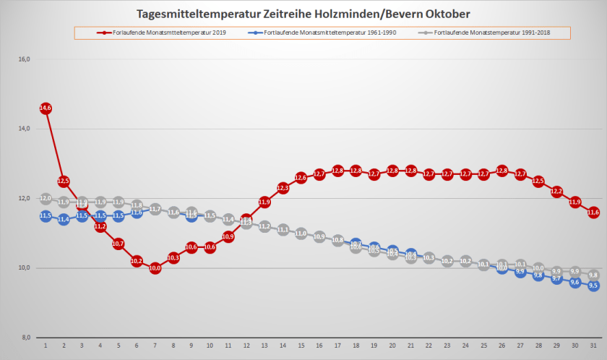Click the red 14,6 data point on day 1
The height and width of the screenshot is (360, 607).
click(x=45, y=108)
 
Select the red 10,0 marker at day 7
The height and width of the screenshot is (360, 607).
click(x=155, y=267)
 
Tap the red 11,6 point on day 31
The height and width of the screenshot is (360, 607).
click(x=593, y=213)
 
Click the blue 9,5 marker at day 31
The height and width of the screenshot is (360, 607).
click(x=593, y=286)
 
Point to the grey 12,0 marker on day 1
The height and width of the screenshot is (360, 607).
click(x=45, y=198)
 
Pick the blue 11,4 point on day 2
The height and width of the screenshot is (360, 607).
click(x=64, y=219)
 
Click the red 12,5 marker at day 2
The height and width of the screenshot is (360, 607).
click(x=64, y=181)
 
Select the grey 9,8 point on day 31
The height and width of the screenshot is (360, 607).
click(x=593, y=275)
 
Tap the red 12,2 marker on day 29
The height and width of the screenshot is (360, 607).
click(x=556, y=192)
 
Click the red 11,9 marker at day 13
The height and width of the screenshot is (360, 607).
click(x=264, y=202)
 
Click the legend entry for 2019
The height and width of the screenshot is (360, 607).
click(x=158, y=33)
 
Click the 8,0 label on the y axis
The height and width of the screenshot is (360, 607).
click(x=24, y=338)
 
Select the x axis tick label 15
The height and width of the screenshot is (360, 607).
click(x=301, y=346)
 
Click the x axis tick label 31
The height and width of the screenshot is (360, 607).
click(x=593, y=346)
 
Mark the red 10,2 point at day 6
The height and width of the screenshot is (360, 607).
click(x=137, y=261)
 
